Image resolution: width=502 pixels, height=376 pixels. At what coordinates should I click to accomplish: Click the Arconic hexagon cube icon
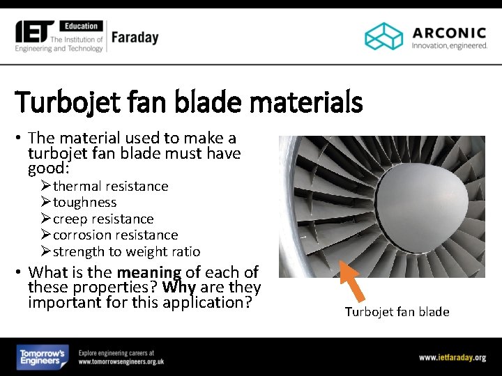384,36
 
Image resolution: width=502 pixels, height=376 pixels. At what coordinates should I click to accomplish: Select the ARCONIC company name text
449,32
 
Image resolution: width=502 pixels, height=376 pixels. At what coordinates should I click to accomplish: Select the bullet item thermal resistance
110,186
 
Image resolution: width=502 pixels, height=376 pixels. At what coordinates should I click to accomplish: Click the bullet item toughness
84,203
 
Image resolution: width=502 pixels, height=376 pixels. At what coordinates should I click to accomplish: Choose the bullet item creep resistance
102,219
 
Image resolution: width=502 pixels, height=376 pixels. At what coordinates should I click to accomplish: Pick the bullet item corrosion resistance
115,235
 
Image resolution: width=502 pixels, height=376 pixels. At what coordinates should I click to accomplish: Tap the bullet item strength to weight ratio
126,252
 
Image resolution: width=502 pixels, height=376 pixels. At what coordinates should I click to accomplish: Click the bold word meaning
149,272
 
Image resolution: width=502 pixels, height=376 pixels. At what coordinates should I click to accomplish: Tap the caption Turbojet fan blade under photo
397,312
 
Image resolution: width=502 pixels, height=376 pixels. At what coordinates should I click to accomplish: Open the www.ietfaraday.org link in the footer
452,357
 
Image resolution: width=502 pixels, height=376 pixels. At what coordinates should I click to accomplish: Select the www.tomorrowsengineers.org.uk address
121,362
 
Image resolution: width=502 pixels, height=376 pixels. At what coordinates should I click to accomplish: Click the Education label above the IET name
82,26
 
